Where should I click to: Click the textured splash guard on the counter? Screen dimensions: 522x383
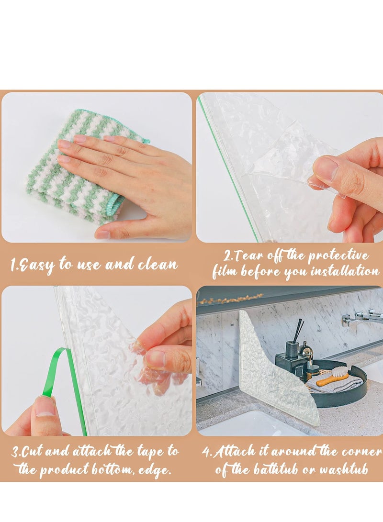pyautogui.click(x=268, y=373)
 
